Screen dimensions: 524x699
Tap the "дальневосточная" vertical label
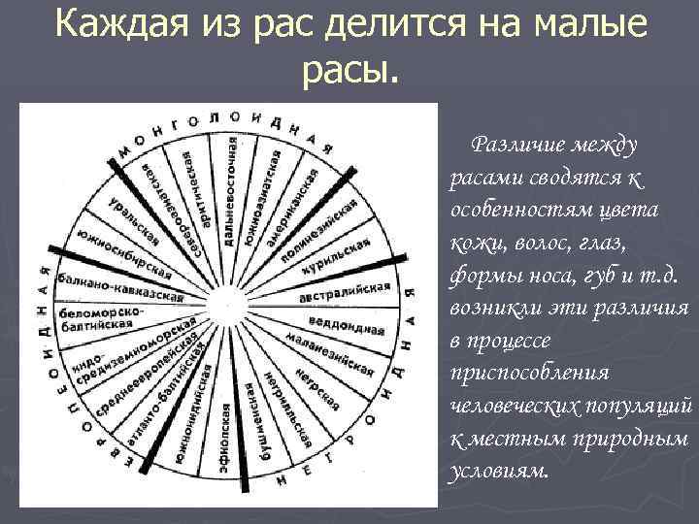(229, 190)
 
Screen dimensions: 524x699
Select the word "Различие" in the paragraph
(507, 147)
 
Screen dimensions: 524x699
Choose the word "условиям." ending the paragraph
(499, 470)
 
